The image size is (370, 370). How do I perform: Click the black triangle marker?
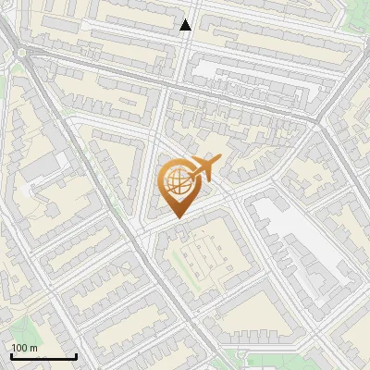pos(186,25)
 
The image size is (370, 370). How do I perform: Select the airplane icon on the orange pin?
pos(203,168)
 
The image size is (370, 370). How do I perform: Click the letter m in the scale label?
pos(34,347)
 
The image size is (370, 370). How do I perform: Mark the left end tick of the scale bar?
pos(11,355)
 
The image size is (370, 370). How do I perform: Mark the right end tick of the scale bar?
pos(76,355)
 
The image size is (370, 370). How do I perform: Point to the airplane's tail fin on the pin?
pos(215,161)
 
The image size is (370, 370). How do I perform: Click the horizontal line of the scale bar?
pos(43,356)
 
